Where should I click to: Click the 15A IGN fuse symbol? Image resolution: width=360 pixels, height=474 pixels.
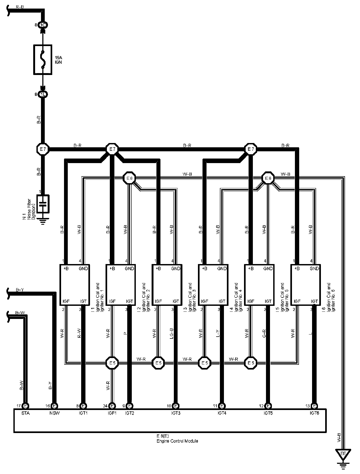pos(42,59)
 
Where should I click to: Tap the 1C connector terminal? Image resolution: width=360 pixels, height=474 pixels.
pos(43,25)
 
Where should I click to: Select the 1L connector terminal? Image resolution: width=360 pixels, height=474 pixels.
pos(43,94)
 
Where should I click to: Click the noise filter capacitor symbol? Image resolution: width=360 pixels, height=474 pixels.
pos(43,204)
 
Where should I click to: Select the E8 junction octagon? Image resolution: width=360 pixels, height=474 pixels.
pos(268,178)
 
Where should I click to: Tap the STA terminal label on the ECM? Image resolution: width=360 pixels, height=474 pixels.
pos(26,413)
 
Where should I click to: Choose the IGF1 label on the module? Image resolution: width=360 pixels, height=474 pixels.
pos(112,413)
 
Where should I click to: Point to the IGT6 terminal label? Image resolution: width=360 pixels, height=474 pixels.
pos(314,413)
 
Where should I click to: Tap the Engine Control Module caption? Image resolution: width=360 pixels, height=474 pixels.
pos(177,441)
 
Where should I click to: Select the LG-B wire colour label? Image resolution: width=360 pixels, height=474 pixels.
pos(171,334)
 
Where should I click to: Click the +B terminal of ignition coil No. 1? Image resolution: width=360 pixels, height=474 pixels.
pos(66,269)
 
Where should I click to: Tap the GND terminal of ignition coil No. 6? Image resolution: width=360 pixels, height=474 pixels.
pos(314,269)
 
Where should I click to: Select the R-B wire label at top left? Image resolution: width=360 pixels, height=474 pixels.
pos(20,7)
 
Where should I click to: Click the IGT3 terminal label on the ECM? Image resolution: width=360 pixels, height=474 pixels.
pos(176,413)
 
